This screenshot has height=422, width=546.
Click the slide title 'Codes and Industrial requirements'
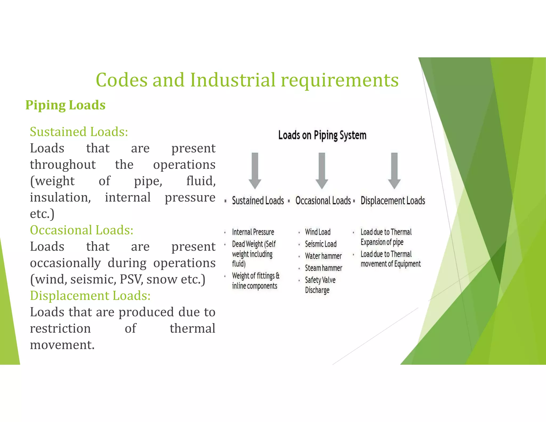tap(247, 80)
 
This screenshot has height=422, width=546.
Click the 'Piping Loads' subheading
tap(65, 105)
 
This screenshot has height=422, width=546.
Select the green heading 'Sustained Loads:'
tap(79, 132)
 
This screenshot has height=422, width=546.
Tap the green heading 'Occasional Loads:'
tap(82, 230)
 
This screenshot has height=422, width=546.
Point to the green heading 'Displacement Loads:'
tap(90, 296)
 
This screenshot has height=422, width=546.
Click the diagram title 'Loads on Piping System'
tap(322, 135)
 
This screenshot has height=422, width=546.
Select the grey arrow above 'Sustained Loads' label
tap(255, 171)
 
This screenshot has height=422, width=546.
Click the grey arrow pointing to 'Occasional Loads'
tap(322, 171)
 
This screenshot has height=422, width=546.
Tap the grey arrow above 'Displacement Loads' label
tap(394, 171)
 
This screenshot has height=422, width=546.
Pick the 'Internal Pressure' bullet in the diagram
tap(253, 232)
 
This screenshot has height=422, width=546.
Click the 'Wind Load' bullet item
tap(318, 232)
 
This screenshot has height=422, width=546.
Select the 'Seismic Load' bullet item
tap(320, 244)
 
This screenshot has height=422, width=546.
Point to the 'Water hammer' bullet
tap(323, 256)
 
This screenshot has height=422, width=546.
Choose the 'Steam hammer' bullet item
tap(323, 268)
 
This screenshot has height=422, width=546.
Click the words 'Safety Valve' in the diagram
tap(320, 280)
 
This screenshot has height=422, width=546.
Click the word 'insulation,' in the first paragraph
tap(60, 198)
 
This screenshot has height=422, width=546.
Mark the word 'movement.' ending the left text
tap(62, 345)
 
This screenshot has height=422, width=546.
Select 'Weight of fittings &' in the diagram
tap(255, 276)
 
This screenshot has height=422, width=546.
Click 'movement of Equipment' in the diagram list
tap(390, 264)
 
